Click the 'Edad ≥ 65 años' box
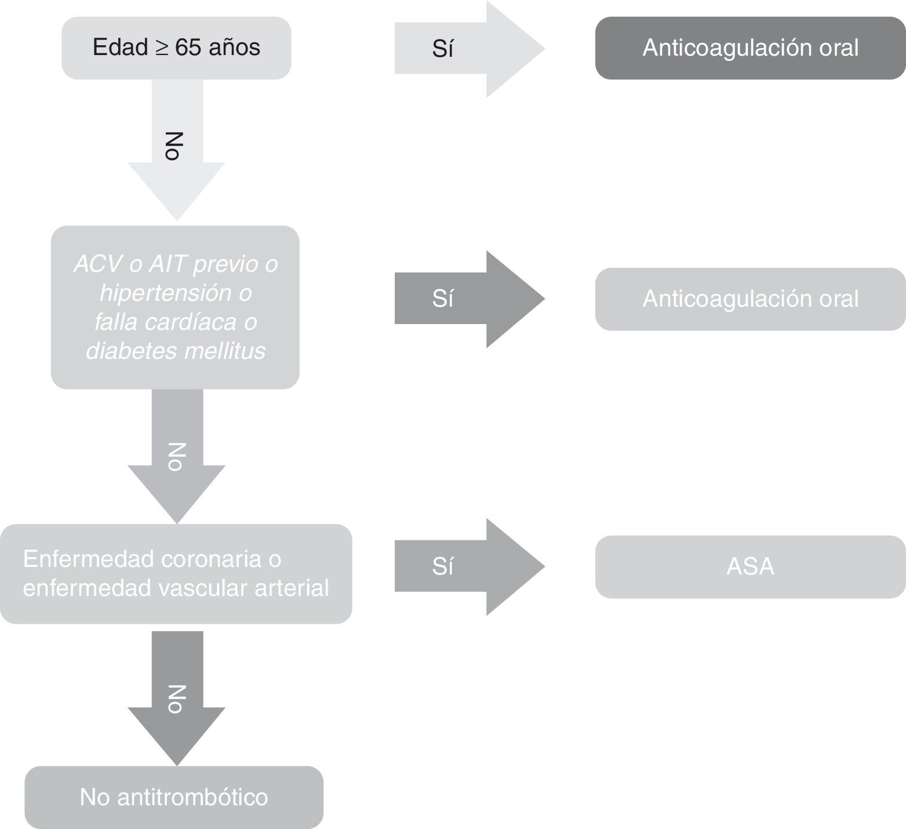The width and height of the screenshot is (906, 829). coord(176,48)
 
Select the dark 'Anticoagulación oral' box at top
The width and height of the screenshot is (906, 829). coord(750,48)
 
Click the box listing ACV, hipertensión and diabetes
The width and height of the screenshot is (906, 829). coord(175,307)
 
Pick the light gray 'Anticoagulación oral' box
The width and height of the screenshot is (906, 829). coord(750,299)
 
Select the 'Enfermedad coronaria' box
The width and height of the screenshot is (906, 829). coord(176,574)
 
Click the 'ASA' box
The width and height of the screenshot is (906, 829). coord(750,566)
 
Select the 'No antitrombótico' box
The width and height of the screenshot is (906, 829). coord(174,798)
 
